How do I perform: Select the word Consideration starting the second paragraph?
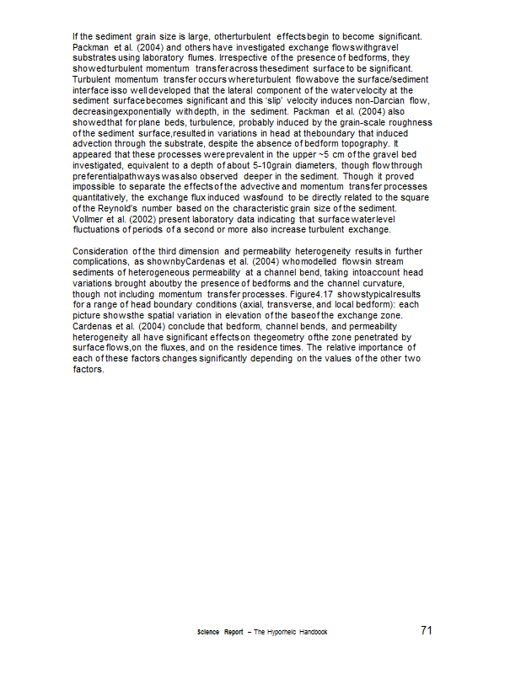(x=100, y=250)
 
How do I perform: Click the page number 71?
(x=426, y=630)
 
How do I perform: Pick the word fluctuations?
(x=99, y=228)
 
